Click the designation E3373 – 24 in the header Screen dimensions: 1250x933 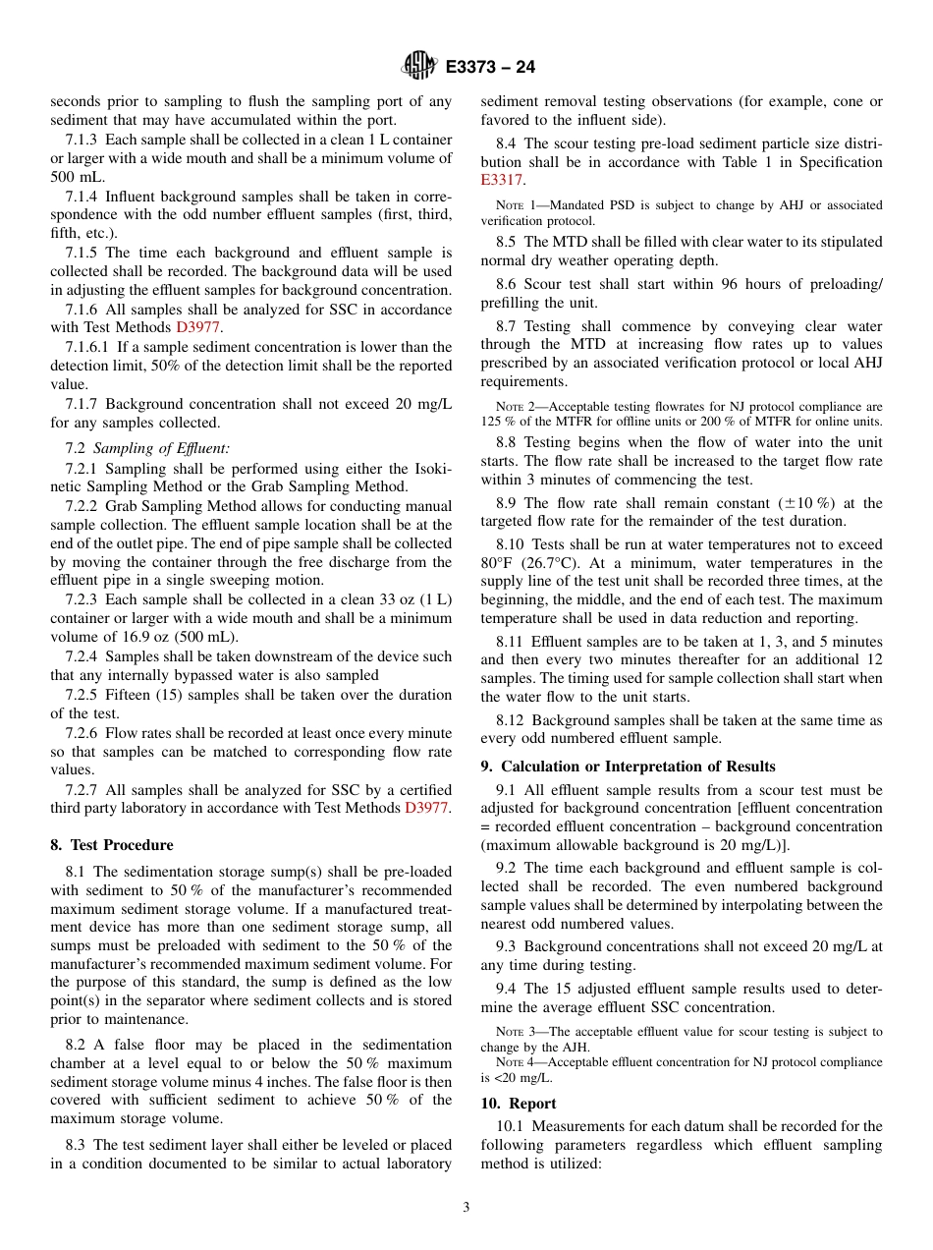[x=490, y=68]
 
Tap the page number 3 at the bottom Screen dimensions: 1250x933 [x=466, y=1207]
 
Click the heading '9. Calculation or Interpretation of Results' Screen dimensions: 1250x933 [x=628, y=767]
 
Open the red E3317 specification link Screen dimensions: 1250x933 [x=502, y=181]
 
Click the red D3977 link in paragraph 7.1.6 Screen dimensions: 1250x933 [x=198, y=328]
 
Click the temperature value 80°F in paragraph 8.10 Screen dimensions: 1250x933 [x=499, y=563]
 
